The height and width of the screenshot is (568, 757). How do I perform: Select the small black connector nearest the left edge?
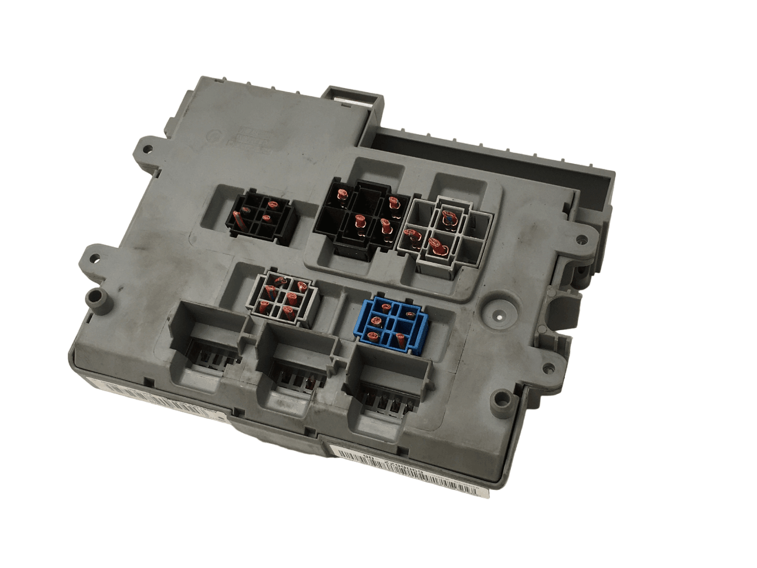[261, 217]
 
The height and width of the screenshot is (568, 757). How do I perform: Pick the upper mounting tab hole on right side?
[582, 240]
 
